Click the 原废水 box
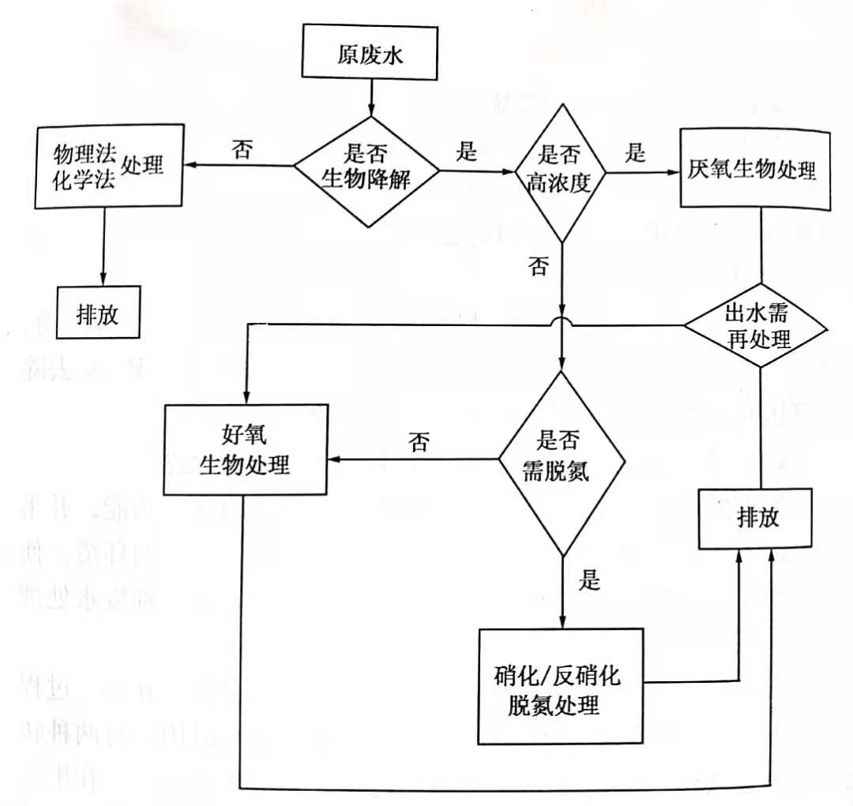pyautogui.click(x=370, y=57)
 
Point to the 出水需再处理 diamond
pyautogui.click(x=758, y=325)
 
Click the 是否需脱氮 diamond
pyautogui.click(x=562, y=463)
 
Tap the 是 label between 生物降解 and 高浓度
pyautogui.click(x=468, y=152)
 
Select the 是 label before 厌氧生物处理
pyautogui.click(x=636, y=152)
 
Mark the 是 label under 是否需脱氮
pyautogui.click(x=590, y=581)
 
